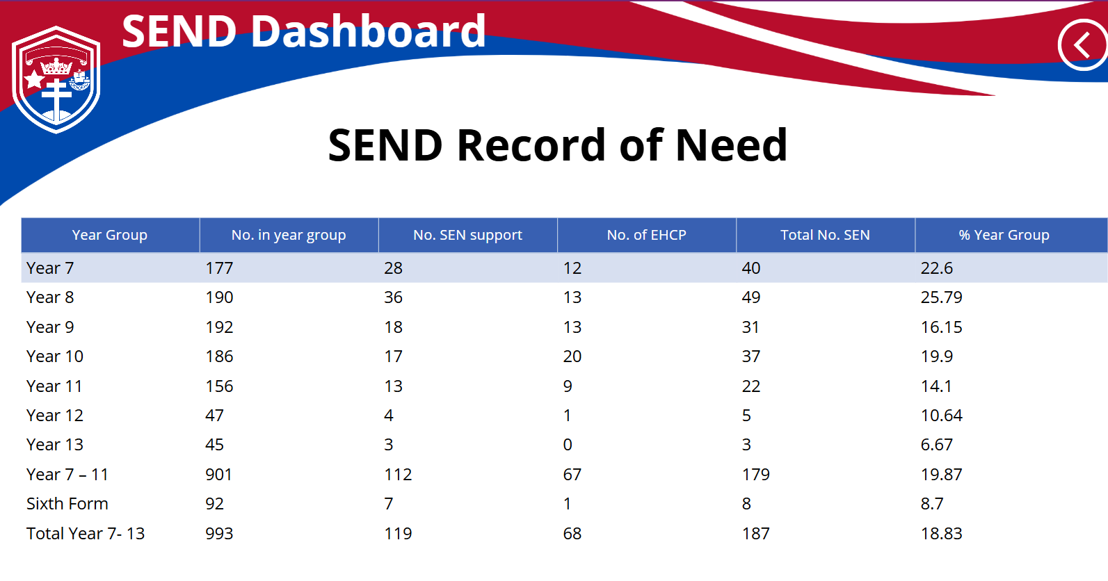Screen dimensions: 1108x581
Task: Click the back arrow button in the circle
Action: pos(1082,45)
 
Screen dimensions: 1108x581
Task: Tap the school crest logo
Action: pos(56,79)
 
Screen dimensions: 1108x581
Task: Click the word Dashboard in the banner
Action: pos(369,31)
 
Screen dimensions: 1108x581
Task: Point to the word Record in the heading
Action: pos(531,145)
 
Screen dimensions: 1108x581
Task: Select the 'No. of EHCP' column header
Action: pos(646,235)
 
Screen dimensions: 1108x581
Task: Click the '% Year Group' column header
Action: pos(1004,235)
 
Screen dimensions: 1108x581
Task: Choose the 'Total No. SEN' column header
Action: pos(825,235)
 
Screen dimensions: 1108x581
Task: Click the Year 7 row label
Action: pos(50,268)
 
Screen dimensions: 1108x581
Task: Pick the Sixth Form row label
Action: pos(67,504)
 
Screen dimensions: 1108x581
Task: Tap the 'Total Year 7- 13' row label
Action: pos(86,534)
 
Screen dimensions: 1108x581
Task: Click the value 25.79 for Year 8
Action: pos(941,297)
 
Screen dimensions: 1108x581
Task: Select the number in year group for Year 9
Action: pos(219,327)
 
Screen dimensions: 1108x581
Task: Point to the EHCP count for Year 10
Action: pos(572,357)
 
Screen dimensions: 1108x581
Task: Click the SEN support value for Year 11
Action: pos(393,386)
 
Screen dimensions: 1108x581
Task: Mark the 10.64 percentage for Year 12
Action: pos(941,416)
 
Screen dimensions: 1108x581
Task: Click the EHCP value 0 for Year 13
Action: pos(568,445)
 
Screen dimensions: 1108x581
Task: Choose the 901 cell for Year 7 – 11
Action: pos(218,474)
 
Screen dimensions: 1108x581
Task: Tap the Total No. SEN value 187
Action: pos(756,534)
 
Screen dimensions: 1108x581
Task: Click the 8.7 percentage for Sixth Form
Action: pos(932,504)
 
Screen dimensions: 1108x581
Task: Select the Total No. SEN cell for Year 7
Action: pos(751,268)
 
